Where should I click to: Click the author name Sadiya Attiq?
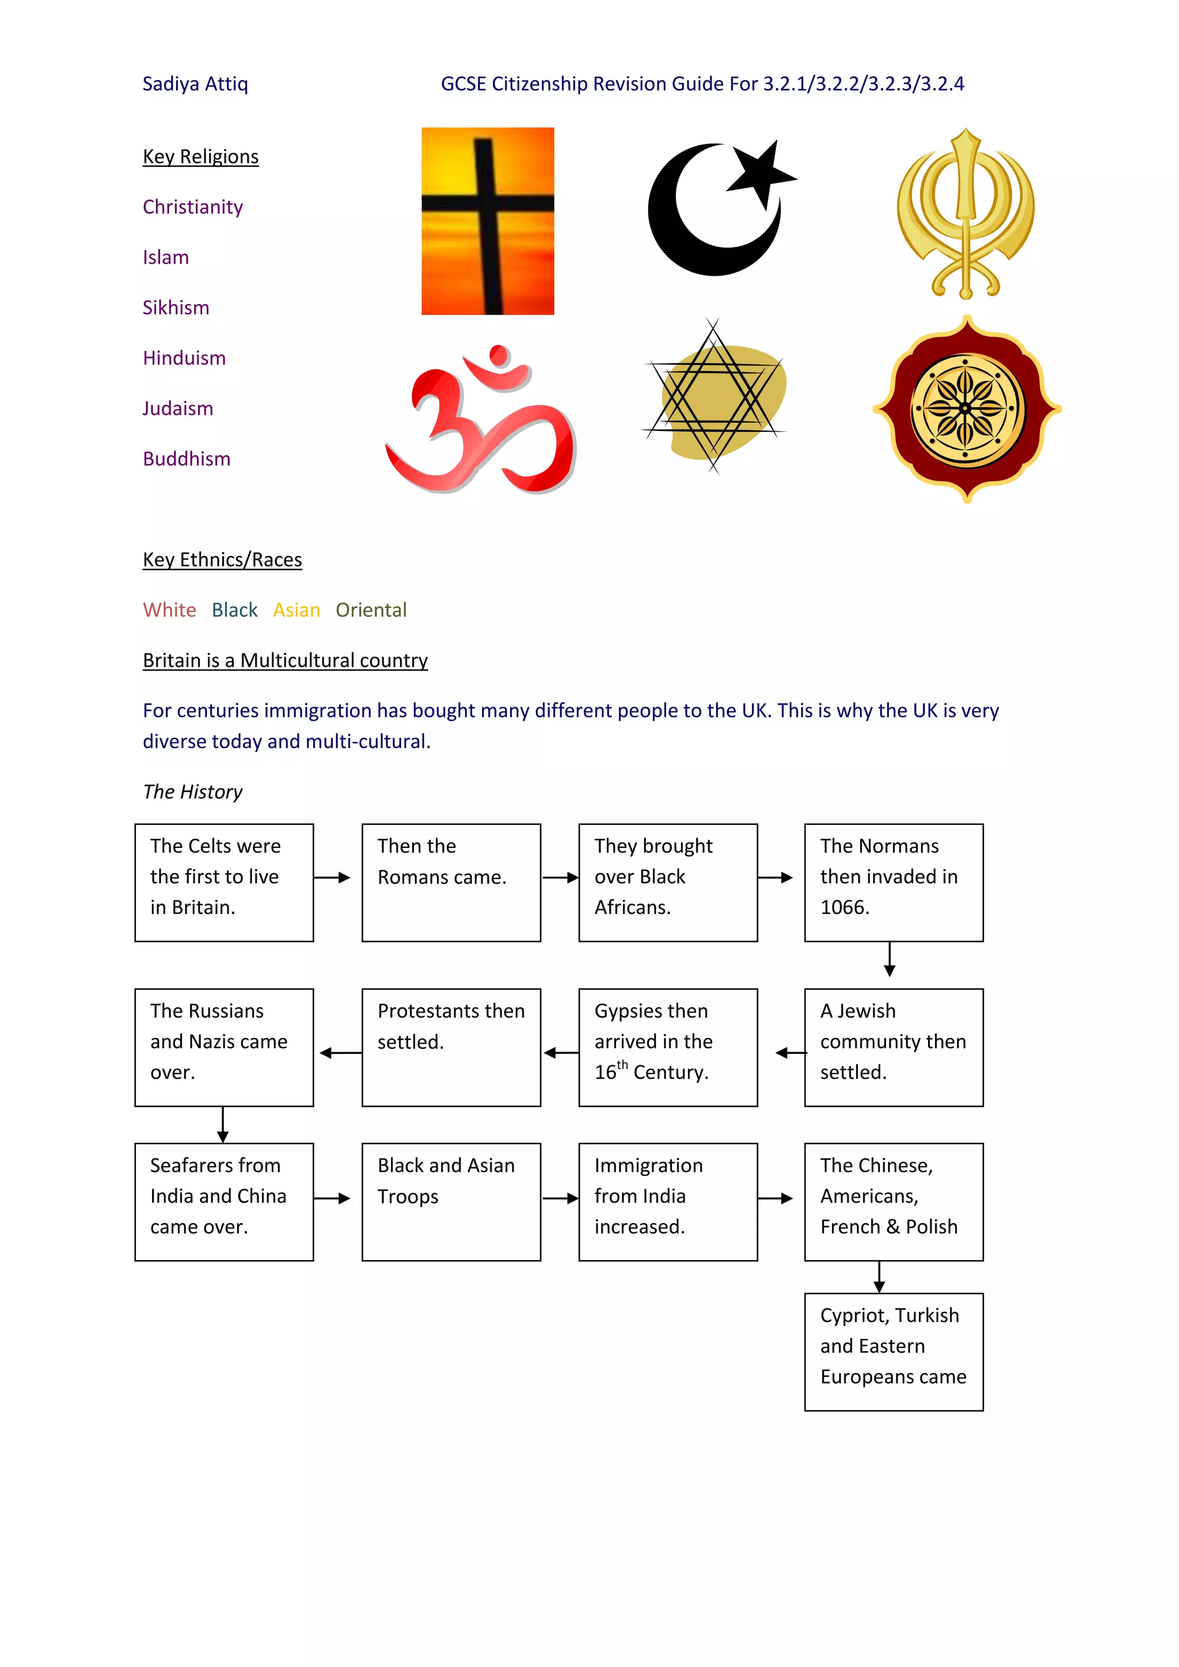point(195,84)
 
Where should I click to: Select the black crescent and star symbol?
point(718,208)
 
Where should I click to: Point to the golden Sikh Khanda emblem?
point(965,214)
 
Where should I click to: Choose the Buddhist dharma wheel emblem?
point(965,409)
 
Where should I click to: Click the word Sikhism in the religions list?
point(176,308)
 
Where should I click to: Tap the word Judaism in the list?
point(178,409)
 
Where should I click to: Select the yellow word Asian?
point(296,610)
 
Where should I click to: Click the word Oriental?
point(370,610)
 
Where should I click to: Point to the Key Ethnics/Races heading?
point(222,560)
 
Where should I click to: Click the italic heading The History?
point(192,791)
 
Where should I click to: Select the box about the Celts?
point(223,882)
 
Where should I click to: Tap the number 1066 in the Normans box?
point(845,908)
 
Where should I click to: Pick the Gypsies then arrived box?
point(667,1047)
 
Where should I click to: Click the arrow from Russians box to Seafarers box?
point(223,1125)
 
